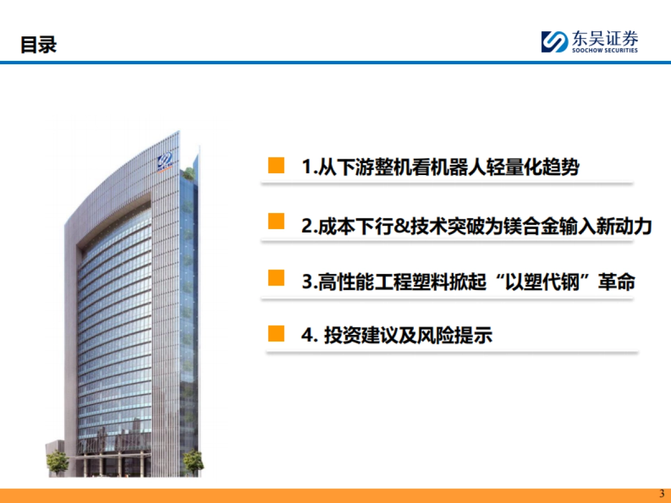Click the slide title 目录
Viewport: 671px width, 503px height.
39,44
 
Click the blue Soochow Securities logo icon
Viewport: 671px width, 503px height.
554,42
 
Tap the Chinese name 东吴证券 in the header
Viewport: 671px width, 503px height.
604,39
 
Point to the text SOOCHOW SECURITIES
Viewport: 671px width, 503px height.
604,50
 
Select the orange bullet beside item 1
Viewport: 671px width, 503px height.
276,165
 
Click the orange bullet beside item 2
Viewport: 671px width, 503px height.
276,221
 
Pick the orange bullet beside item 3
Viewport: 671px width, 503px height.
276,278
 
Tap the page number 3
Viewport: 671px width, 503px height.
662,494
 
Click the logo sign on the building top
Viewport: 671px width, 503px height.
166,162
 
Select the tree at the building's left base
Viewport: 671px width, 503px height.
57,462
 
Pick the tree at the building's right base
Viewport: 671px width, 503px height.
193,462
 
